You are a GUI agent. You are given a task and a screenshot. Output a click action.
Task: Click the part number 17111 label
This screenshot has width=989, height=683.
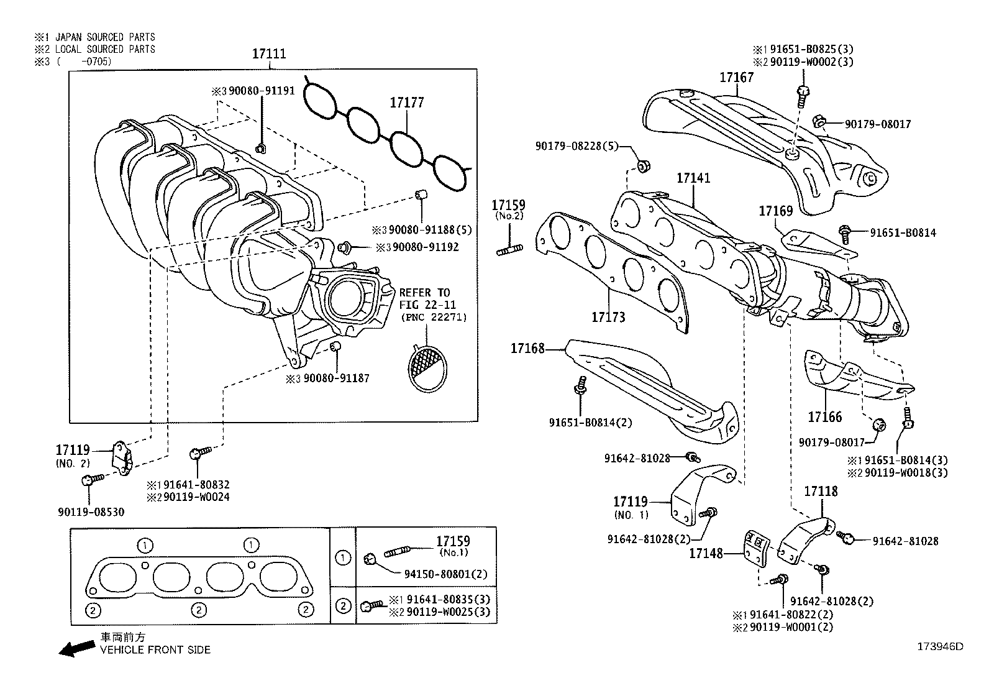(x=268, y=54)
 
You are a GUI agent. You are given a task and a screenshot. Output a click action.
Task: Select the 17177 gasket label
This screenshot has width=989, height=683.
(x=407, y=103)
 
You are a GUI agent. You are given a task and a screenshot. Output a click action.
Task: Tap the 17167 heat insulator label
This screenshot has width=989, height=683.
(x=736, y=78)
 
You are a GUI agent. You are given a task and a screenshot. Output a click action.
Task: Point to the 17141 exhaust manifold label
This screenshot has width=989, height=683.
(x=693, y=178)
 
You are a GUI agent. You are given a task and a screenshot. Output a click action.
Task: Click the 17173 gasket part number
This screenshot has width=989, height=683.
(x=608, y=318)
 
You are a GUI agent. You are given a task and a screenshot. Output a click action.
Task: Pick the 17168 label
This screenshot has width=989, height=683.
(x=527, y=349)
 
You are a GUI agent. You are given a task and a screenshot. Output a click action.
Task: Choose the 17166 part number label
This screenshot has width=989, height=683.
(x=824, y=417)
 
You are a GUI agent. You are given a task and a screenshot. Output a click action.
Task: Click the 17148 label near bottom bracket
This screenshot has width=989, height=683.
(x=706, y=552)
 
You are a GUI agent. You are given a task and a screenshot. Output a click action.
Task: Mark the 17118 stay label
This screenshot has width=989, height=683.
(x=821, y=492)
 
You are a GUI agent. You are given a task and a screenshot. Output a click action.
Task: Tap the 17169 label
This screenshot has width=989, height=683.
(x=775, y=211)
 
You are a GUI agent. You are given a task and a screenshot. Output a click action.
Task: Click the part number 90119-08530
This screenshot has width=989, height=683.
(x=90, y=513)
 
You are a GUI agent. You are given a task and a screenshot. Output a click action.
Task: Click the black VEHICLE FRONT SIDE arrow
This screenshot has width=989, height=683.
(x=73, y=649)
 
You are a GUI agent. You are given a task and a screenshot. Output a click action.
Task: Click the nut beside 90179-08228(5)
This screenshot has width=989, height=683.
(x=644, y=167)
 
